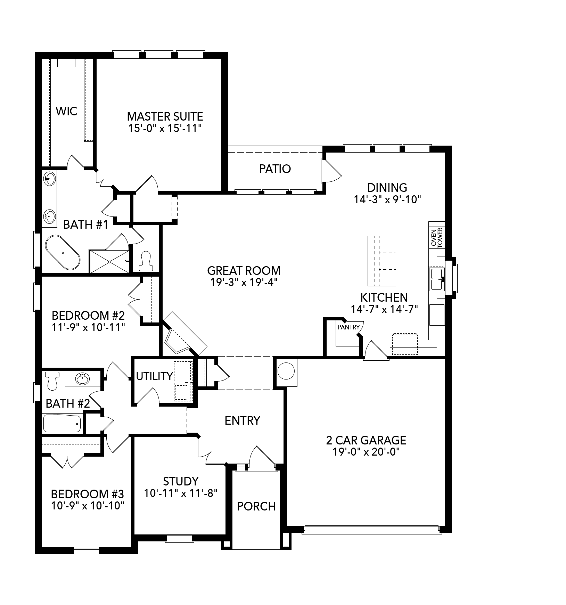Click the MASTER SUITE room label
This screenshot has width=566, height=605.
(x=165, y=116)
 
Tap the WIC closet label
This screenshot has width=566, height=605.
(x=66, y=112)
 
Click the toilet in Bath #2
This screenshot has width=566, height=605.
(x=52, y=380)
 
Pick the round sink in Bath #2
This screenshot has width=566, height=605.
(x=82, y=379)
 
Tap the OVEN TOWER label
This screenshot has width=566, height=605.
(x=437, y=237)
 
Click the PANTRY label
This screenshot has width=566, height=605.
(x=348, y=327)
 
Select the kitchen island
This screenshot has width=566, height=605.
(x=382, y=260)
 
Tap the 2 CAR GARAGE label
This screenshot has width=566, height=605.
(x=366, y=440)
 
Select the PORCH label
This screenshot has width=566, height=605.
(x=256, y=506)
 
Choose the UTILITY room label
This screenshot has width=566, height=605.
(x=154, y=376)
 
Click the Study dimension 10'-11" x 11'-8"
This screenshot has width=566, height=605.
(x=181, y=493)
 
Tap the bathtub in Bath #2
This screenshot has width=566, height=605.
(x=62, y=423)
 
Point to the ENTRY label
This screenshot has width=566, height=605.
(x=242, y=420)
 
